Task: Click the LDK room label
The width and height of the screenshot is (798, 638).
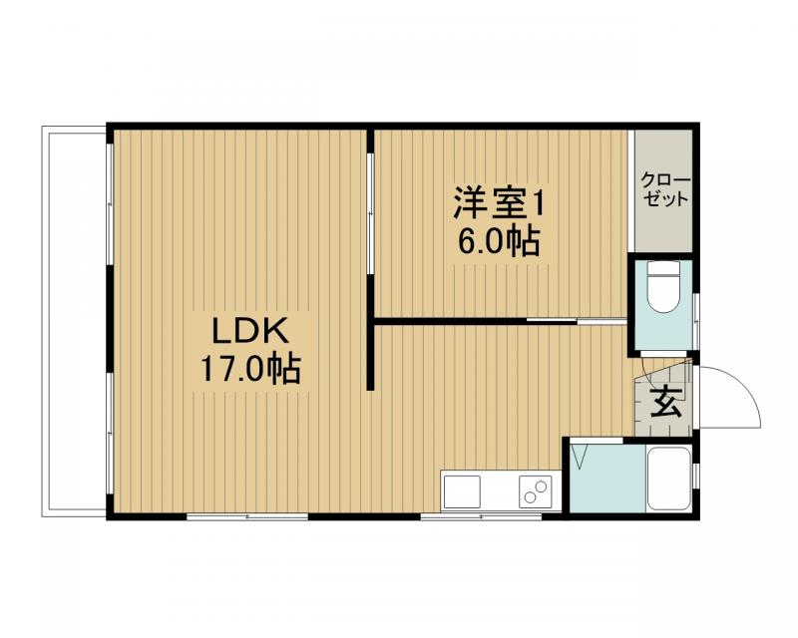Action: coord(248,330)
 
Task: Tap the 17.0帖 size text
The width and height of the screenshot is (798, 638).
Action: coord(252,370)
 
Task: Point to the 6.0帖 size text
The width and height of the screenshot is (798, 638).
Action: coord(498,242)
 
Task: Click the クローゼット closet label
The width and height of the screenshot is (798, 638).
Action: coord(664,189)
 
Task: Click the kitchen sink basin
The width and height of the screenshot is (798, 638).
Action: coord(462,492)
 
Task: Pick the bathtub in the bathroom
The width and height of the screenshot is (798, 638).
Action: coord(668,477)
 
